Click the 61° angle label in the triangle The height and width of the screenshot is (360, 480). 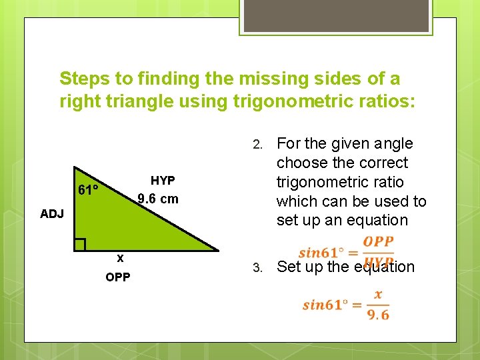tap(88, 191)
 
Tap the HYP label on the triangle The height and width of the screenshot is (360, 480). tap(163, 181)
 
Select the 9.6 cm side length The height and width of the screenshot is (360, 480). tap(157, 199)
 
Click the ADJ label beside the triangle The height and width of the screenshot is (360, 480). tap(52, 214)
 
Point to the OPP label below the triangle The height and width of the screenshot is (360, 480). tap(118, 277)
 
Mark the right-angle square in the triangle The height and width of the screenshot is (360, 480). tap(80, 245)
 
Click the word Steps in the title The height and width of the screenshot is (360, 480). tap(85, 79)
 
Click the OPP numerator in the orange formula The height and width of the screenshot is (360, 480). tap(378, 241)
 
